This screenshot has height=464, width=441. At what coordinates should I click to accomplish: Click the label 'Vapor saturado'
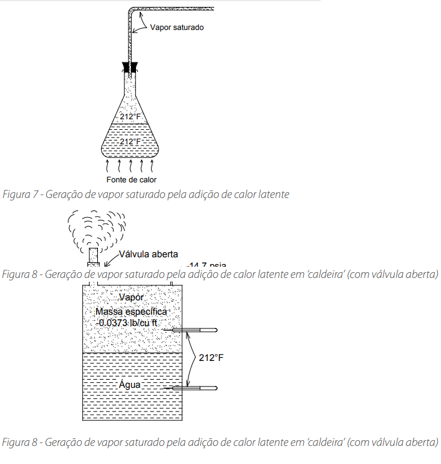point(177,27)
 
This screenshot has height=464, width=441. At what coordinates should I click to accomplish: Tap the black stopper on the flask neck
point(130,66)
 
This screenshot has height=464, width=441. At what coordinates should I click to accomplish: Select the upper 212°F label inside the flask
point(130,116)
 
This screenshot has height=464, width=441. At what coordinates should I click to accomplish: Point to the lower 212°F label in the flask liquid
point(130,142)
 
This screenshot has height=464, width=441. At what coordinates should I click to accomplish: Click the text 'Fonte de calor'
point(131,180)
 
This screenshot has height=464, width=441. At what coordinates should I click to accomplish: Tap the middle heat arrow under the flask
point(130,165)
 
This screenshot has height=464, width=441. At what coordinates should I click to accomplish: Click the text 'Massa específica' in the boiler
point(131,311)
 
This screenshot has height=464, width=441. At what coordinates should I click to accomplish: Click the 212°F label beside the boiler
point(211,358)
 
